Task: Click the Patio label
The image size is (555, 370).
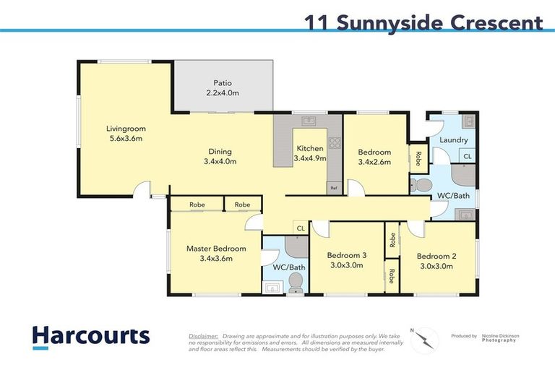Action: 222,82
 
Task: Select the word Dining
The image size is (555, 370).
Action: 220,152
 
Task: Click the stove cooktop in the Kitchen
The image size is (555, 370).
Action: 334,142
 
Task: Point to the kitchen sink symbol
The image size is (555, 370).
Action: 308,121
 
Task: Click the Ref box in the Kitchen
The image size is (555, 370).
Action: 333,189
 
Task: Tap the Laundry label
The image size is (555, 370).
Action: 453,139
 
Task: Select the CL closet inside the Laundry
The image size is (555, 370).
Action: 467,156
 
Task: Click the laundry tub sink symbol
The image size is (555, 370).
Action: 468,121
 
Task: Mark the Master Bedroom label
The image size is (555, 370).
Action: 216,249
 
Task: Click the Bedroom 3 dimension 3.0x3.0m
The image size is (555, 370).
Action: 346,265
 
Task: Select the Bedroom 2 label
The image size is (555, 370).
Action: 436,255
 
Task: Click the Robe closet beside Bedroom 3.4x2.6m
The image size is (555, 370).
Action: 418,157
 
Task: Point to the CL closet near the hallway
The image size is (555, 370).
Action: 298,229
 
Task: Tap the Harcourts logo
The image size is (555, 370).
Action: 91,336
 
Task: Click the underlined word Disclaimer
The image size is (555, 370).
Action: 203,336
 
